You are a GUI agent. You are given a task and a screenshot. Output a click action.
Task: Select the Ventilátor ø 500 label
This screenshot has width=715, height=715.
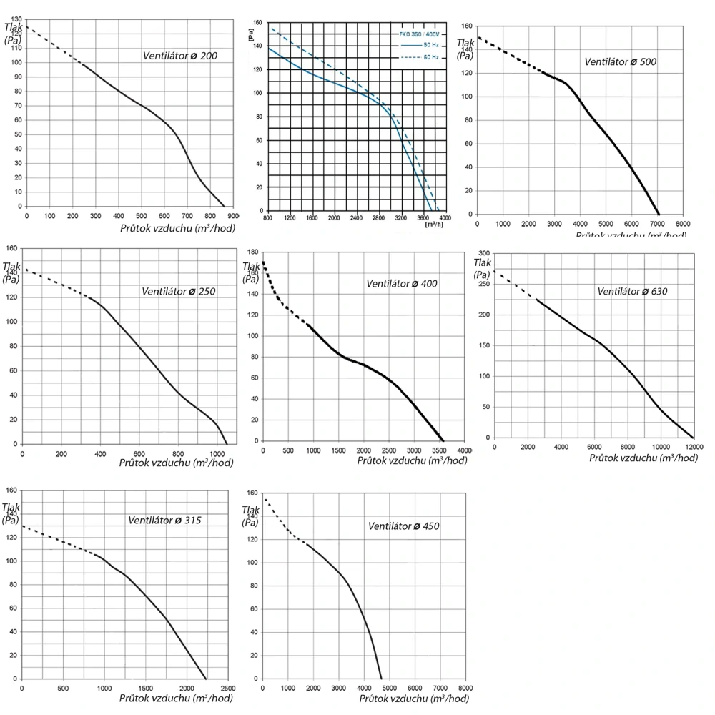point(620,61)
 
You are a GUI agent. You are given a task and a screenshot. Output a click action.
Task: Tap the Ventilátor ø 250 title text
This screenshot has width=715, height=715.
point(178,291)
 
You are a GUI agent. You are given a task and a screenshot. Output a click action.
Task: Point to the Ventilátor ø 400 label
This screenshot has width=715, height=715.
point(402,283)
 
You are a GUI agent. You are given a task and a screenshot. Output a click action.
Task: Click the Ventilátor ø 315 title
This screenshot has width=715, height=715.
point(164,520)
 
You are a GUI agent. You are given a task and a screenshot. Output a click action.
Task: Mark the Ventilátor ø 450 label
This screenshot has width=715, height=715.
point(403,526)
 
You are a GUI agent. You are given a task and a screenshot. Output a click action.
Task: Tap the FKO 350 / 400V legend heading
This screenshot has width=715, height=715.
point(420,33)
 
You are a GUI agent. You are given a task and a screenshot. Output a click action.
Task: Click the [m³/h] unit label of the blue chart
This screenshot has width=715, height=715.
point(434,225)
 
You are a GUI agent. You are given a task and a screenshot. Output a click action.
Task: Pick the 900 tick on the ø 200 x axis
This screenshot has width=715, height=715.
point(233,215)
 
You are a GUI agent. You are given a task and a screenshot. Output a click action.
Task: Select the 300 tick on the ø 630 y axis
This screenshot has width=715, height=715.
point(484,253)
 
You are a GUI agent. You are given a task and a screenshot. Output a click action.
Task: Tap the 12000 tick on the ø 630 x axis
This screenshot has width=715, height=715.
point(694,447)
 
